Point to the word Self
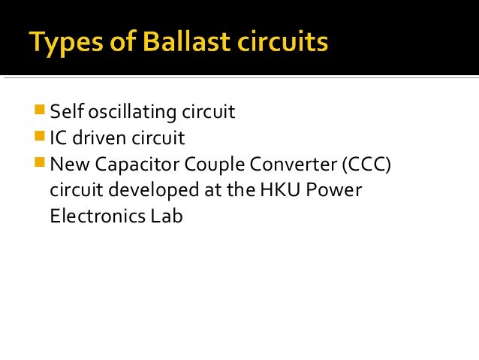point(65,113)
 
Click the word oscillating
point(131,113)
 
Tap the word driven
point(100,138)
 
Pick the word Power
point(339,191)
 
